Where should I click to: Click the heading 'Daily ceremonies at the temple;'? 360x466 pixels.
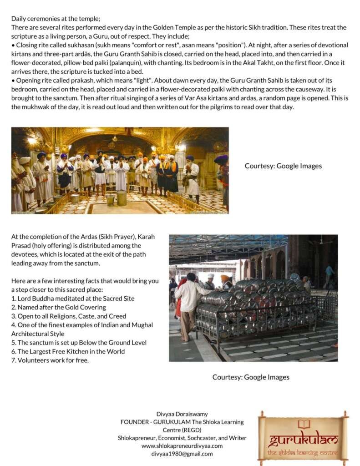pos(56,19)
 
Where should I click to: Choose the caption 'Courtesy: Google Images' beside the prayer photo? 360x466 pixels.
pos(283,166)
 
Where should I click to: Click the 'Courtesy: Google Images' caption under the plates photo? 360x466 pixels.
pos(251,377)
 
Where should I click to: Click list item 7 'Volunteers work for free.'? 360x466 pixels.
pos(50,360)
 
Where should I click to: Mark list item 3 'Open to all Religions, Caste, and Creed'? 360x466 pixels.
pos(69,316)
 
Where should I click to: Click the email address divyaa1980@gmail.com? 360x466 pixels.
pos(182,454)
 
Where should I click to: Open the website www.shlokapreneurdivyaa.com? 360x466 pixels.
pos(182,446)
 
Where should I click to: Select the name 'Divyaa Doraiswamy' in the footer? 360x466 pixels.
pos(182,414)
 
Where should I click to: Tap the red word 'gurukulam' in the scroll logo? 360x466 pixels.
pos(304,440)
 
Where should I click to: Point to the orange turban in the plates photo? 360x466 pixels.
pos(225,278)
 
